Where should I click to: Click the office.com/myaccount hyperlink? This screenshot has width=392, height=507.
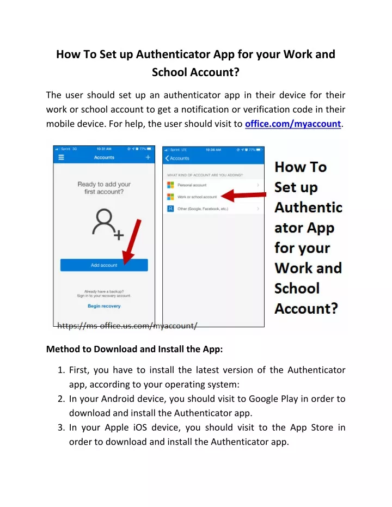pos(292,124)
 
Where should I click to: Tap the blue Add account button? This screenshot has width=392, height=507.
pos(104,265)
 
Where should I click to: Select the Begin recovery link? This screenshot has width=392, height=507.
pos(104,306)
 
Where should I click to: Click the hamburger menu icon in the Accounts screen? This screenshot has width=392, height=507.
pos(62,157)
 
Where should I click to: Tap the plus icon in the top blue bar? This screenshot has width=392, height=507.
pos(148,157)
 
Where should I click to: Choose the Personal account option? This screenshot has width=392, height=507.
pos(192,185)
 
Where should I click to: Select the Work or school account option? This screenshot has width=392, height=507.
pos(197,197)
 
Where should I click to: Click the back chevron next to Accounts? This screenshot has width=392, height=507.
pos(167,158)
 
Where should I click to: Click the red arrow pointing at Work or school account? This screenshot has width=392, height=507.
pos(242,196)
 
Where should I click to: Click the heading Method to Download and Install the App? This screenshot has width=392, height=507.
pos(134,349)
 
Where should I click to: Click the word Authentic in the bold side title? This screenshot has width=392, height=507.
pos(308,207)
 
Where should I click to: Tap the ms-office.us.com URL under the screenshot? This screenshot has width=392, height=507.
pos(127,326)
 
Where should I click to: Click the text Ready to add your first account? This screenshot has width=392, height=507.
pos(104,188)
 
